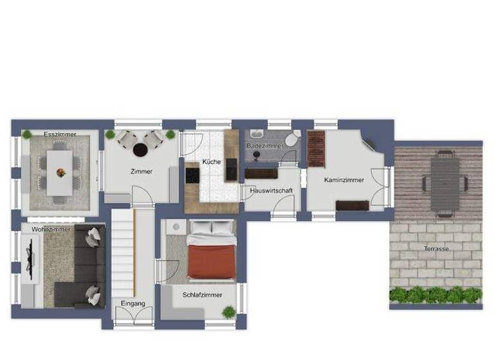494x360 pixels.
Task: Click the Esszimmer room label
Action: tap(60, 134)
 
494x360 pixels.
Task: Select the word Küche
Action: tap(211, 161)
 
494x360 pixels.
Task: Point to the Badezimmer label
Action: tap(264, 147)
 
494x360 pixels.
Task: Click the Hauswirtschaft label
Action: tap(270, 190)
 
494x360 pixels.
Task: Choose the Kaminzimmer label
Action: tap(343, 180)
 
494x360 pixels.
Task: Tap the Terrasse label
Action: tap(436, 248)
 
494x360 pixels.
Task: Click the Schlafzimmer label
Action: tap(202, 294)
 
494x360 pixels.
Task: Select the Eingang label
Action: tap(133, 303)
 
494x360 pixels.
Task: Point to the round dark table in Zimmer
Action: tap(140, 149)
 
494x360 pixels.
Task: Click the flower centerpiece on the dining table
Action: tap(60, 172)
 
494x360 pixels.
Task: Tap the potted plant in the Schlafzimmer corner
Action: tap(228, 312)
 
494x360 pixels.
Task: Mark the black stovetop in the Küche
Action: tap(192, 174)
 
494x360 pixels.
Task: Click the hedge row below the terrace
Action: tap(435, 294)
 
